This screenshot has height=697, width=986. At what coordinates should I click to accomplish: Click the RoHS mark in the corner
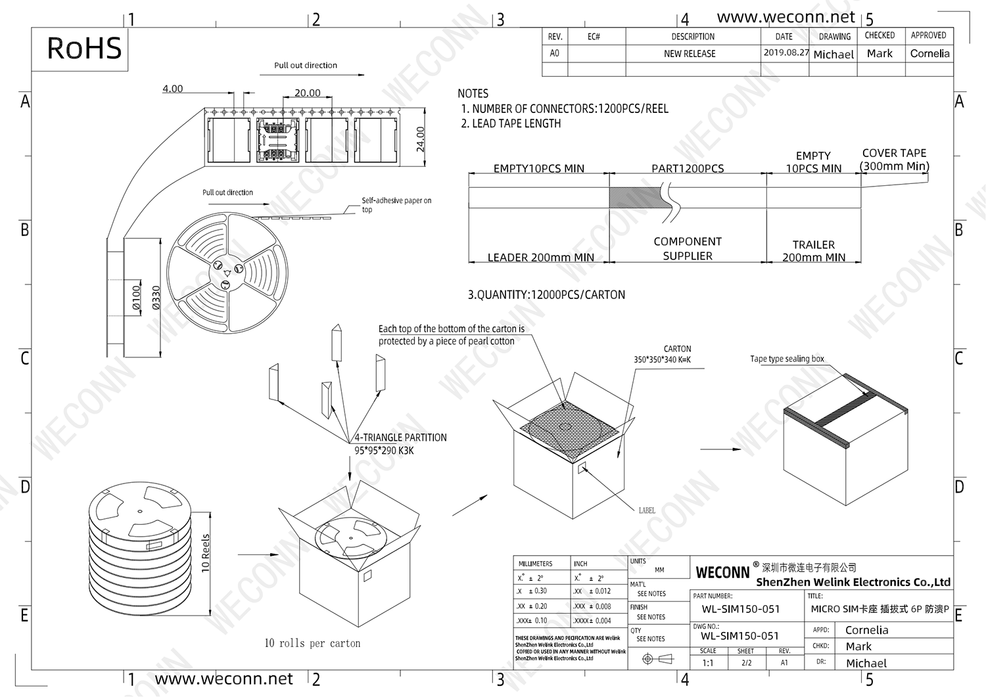[84, 49]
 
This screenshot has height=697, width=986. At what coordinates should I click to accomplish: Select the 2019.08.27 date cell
[786, 53]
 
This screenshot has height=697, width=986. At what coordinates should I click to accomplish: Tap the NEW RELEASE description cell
[690, 54]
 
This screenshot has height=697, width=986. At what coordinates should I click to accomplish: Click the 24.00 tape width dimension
[421, 139]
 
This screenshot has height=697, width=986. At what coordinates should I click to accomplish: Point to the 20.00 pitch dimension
[307, 93]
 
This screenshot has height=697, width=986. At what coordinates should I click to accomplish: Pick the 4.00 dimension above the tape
[172, 89]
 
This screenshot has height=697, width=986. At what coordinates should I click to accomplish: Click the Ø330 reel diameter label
[156, 297]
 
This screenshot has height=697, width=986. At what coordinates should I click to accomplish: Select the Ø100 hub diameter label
[136, 297]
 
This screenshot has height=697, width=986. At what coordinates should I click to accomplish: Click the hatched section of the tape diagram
[635, 197]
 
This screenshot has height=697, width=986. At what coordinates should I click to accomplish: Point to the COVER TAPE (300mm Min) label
[894, 160]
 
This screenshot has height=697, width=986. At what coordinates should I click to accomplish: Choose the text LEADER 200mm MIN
[540, 258]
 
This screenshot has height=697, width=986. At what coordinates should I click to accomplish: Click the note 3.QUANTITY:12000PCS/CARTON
[546, 295]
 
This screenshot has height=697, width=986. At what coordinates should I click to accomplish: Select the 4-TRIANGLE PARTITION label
[400, 438]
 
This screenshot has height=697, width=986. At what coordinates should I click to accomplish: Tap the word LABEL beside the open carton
[647, 510]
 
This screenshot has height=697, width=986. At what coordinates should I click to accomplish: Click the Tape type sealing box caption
[787, 359]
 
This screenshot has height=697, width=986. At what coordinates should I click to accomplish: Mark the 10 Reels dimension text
[206, 553]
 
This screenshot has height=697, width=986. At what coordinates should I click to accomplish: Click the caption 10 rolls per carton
[312, 643]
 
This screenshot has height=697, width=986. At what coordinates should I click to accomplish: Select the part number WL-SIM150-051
[740, 609]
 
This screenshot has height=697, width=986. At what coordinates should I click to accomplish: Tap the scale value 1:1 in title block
[707, 663]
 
